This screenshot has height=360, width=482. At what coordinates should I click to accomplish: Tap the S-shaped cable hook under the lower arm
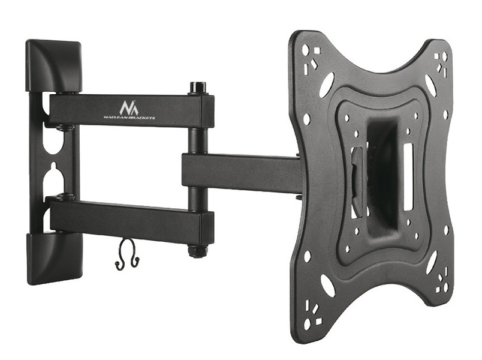tap(127, 254)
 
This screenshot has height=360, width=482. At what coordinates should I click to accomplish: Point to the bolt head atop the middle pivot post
tap(198, 87)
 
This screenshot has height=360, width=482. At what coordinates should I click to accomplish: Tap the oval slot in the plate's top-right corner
tap(430, 85)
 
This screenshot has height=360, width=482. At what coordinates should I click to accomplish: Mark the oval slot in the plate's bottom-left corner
tap(327, 286)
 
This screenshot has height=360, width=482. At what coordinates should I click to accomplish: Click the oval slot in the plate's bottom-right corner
tap(431, 262)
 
